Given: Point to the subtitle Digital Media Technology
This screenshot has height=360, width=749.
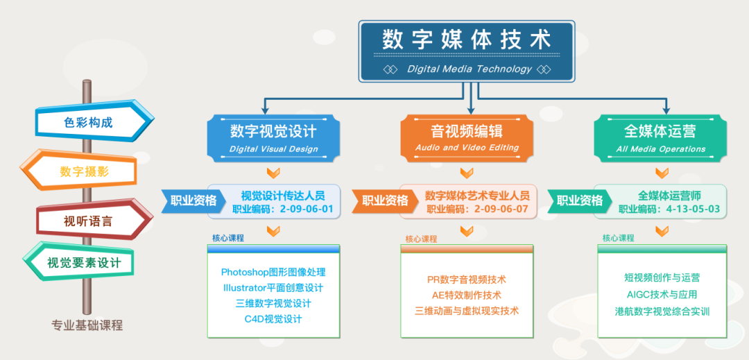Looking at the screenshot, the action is (x=470, y=69).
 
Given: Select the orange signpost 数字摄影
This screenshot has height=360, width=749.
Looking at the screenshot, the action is (x=78, y=170).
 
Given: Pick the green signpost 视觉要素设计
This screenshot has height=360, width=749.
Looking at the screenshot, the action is (x=78, y=262).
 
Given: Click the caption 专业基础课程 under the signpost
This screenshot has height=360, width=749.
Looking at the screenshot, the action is (x=87, y=325).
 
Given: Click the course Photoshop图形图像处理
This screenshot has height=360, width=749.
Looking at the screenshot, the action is (x=273, y=272).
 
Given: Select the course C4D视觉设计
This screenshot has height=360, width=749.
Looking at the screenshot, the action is (x=273, y=319).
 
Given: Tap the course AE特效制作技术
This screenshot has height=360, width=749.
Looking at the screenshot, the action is (x=467, y=295).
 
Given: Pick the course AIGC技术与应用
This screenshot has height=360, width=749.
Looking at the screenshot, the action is (x=662, y=294).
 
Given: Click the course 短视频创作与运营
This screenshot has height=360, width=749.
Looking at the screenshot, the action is (x=662, y=277).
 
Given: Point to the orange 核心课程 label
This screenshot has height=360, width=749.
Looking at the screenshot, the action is (x=422, y=239).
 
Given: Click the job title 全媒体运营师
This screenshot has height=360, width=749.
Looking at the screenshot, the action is (x=669, y=196).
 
